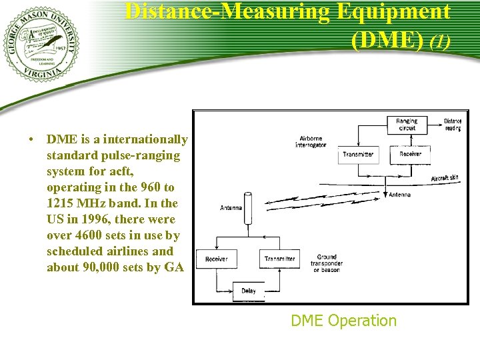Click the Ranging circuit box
pyautogui.click(x=407, y=125)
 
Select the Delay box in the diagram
pyautogui.click(x=248, y=291)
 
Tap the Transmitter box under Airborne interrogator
pyautogui.click(x=358, y=155)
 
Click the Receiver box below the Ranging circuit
pyautogui.click(x=410, y=154)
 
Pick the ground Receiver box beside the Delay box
pyautogui.click(x=216, y=259)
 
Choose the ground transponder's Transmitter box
pyautogui.click(x=279, y=259)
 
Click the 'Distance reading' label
pyautogui.click(x=453, y=125)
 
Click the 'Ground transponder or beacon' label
pyautogui.click(x=326, y=263)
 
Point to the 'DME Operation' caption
pyautogui.click(x=343, y=321)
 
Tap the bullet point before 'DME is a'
pyautogui.click(x=31, y=140)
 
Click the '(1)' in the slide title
pyautogui.click(x=440, y=41)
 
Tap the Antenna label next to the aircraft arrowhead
pyautogui.click(x=399, y=195)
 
